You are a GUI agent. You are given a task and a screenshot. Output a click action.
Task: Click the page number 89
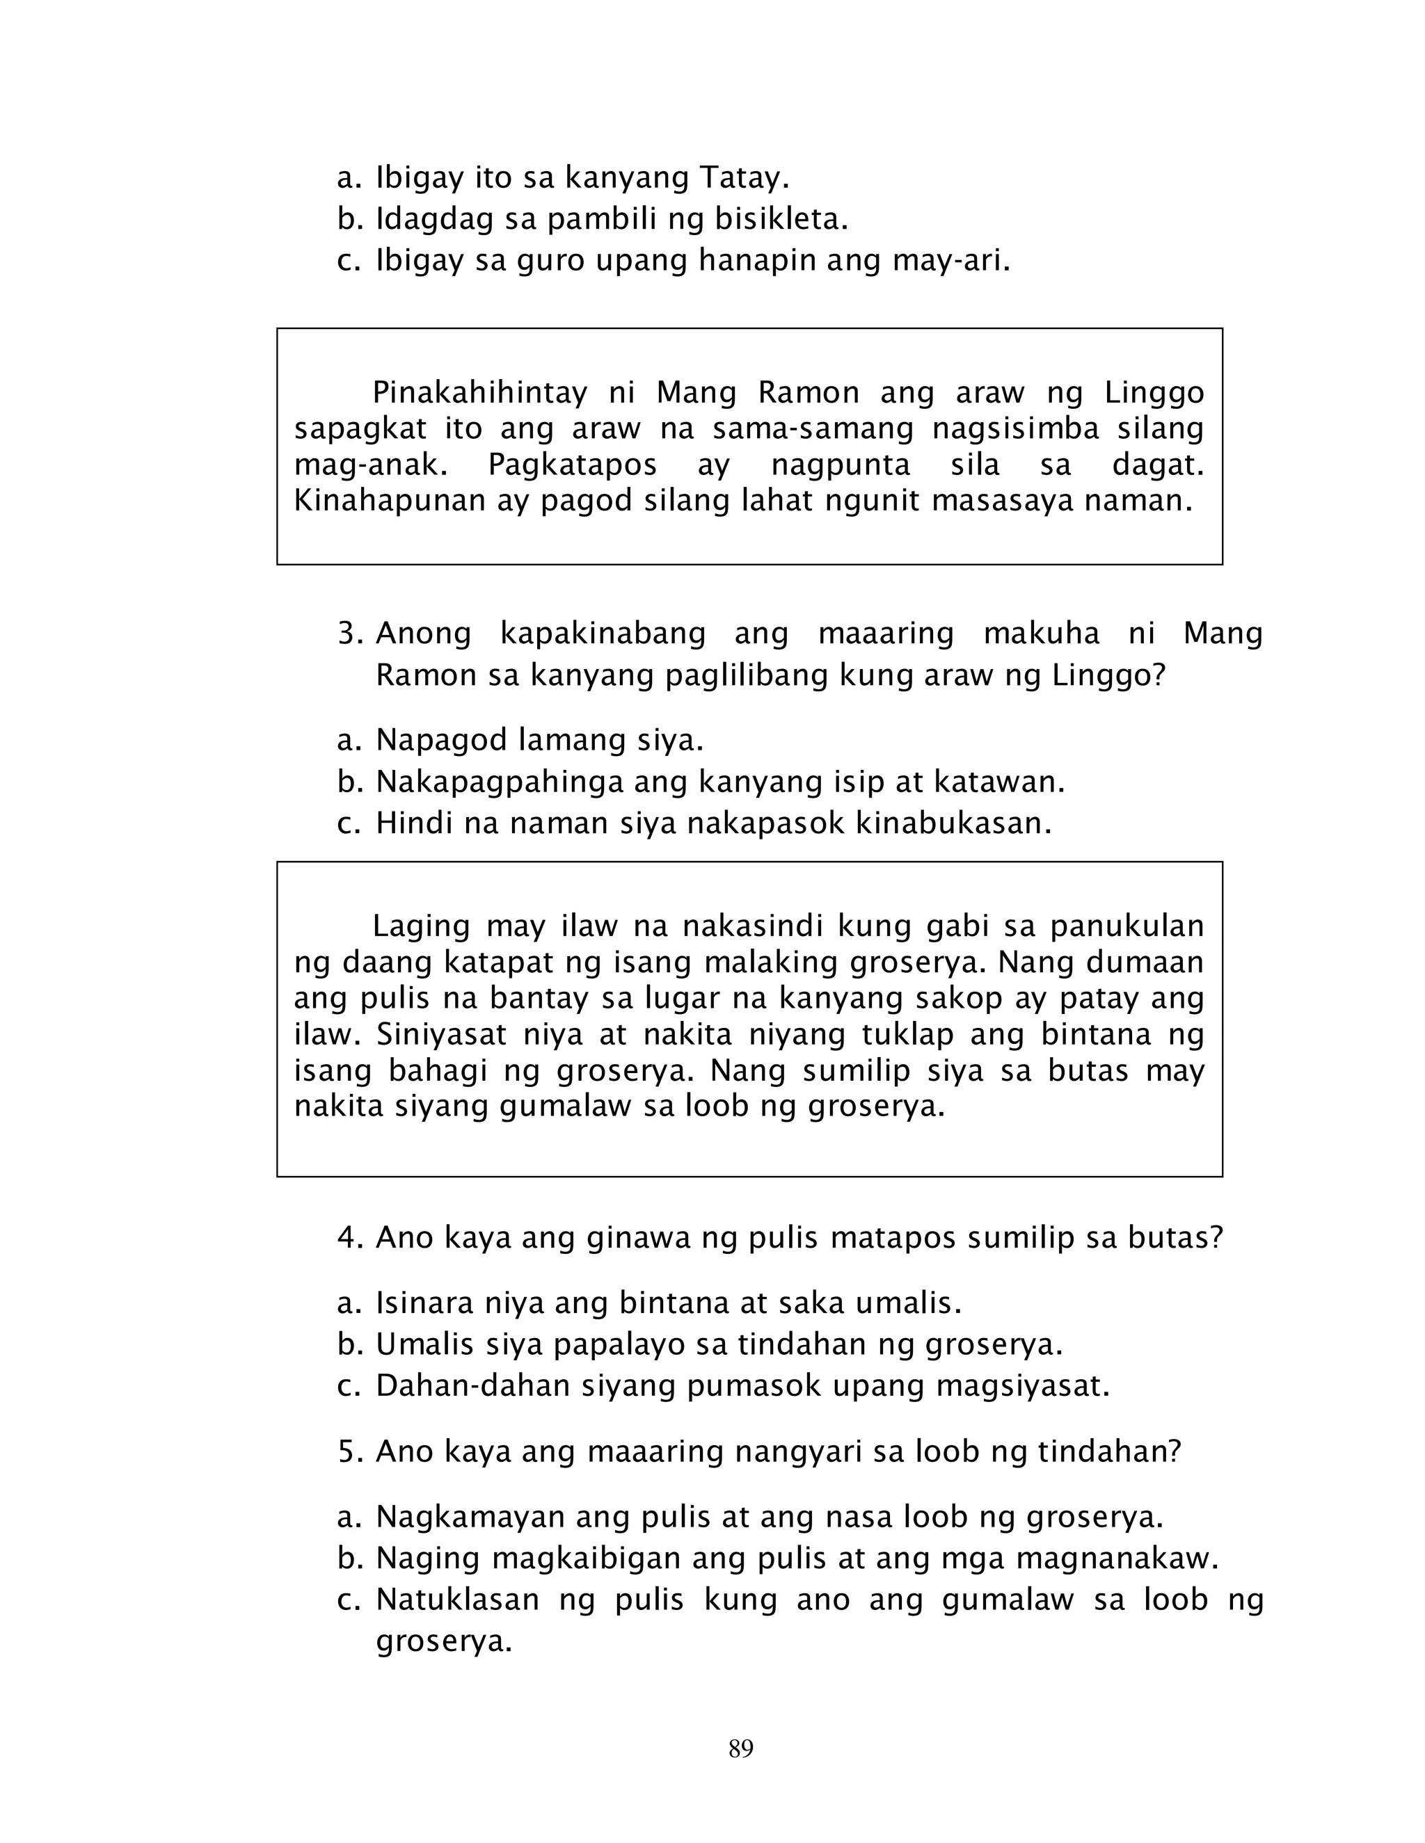point(740,1748)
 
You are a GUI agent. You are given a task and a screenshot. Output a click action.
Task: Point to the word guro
point(550,261)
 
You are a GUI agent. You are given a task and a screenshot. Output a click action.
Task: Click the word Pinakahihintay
point(479,392)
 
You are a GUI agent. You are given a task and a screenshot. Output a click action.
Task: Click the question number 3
point(349,633)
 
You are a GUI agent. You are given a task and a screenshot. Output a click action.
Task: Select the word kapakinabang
point(603,633)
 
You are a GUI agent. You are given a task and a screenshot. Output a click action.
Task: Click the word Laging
point(420,926)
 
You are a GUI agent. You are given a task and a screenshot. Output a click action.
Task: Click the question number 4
point(349,1238)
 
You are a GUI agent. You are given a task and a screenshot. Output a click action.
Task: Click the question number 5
point(349,1451)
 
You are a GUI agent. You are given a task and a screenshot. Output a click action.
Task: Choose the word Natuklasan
point(456,1600)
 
